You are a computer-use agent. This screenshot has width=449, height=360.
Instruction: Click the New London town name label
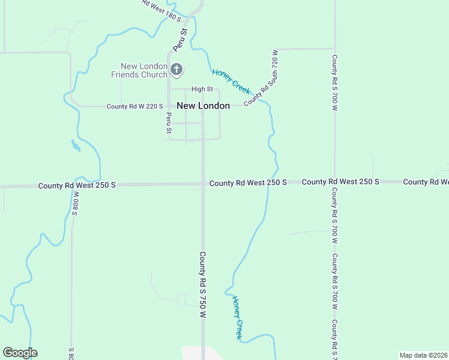(203, 106)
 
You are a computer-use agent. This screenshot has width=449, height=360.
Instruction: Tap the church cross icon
(176, 70)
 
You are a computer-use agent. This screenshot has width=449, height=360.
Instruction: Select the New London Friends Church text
(143, 70)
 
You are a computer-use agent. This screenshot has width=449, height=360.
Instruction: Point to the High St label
(202, 89)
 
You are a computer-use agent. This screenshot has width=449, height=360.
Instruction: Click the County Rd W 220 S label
(134, 106)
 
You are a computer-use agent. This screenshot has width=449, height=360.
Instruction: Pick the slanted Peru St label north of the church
(180, 38)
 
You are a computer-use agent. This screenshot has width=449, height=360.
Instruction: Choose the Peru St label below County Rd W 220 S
(169, 122)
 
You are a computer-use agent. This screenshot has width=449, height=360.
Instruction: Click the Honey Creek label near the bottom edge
(238, 317)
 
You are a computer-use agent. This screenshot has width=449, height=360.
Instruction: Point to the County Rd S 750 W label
(203, 284)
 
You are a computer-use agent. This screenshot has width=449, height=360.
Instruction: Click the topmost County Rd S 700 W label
(334, 83)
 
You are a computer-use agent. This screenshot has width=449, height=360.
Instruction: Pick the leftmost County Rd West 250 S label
(76, 185)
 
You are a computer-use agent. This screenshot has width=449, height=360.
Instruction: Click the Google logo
(20, 353)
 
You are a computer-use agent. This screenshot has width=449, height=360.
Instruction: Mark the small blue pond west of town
(75, 145)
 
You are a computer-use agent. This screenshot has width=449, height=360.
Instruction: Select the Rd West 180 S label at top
(161, 10)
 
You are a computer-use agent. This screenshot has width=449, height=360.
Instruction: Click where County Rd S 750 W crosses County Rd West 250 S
(203, 184)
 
